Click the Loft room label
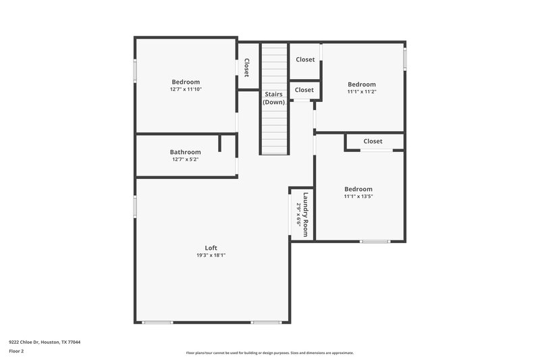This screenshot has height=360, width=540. click(x=211, y=247)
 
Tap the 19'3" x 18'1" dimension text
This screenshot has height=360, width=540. click(x=211, y=255)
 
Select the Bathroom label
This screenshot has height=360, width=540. click(x=185, y=152)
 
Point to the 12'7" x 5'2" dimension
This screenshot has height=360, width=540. click(x=185, y=160)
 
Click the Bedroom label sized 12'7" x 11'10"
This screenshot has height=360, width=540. click(x=185, y=82)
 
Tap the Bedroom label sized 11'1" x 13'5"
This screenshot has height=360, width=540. click(x=358, y=189)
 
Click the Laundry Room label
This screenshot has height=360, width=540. click(x=306, y=214)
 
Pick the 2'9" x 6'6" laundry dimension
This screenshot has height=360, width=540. click(x=298, y=214)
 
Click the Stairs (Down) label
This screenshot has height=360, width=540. click(x=274, y=98)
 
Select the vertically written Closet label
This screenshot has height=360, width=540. click(x=247, y=67)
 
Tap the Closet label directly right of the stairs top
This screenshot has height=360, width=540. click(x=305, y=59)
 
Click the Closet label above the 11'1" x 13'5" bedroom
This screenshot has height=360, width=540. click(x=373, y=141)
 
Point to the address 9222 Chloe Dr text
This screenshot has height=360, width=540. click(x=45, y=342)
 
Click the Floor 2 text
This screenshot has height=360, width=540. click(x=16, y=351)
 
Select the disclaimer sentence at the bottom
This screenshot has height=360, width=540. click(x=270, y=353)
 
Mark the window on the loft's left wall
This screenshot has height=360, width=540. click(x=135, y=207)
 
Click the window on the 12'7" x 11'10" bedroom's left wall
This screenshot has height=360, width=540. click(x=135, y=70)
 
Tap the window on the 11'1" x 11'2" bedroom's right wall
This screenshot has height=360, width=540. click(x=405, y=59)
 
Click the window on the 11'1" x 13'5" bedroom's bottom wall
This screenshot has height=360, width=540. click(x=375, y=241)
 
